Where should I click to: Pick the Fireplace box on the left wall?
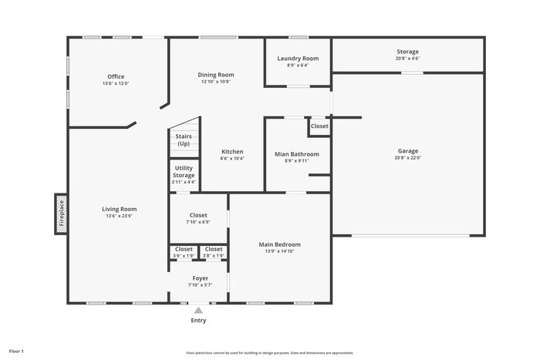pos(61,214)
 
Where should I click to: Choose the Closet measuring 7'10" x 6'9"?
pos(198,218)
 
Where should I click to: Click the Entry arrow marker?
pos(198,311)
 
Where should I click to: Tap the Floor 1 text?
pos(16,352)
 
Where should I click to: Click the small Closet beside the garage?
pos(319,126)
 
